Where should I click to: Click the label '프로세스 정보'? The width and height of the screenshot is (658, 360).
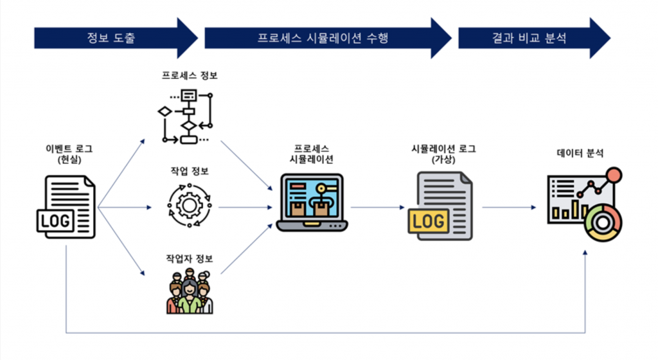(x=190, y=76)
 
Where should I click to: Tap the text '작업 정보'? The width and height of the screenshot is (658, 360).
(x=190, y=171)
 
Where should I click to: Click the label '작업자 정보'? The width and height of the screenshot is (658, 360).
(x=190, y=259)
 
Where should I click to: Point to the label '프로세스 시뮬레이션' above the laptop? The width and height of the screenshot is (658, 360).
(x=312, y=155)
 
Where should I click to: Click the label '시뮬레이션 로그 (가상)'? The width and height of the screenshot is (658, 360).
(x=443, y=155)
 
